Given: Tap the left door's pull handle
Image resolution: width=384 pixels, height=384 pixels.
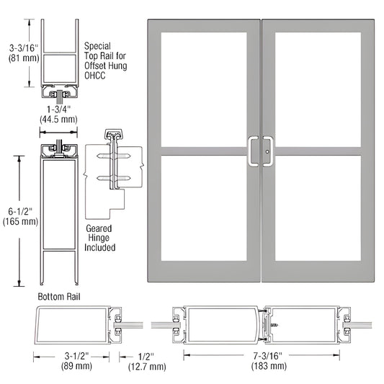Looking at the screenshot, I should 254,151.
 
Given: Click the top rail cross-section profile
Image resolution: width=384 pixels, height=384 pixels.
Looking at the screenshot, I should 59,62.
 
